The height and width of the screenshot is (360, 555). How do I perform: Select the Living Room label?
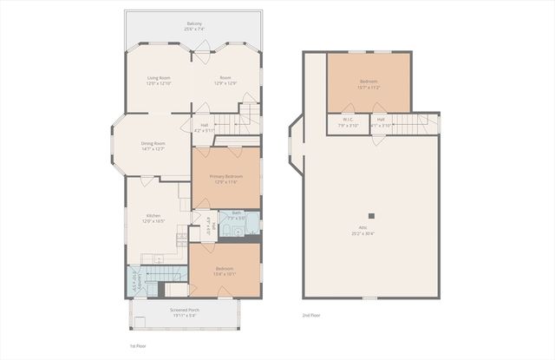(158, 78)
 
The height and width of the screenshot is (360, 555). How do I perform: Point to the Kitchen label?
(153, 215)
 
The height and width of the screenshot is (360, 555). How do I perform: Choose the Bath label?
(236, 213)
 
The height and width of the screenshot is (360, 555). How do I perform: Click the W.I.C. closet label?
(347, 120)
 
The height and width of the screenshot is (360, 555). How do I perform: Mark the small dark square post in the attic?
(371, 216)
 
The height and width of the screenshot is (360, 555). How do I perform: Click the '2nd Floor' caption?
(310, 316)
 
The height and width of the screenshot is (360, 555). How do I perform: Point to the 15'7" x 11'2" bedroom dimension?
(370, 88)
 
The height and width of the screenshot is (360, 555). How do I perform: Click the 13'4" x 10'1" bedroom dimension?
(225, 273)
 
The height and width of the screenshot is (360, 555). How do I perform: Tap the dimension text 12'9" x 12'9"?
(225, 83)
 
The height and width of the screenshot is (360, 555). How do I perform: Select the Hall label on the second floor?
(381, 120)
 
